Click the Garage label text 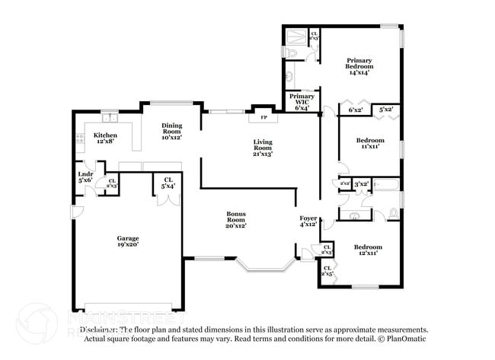point(128,239)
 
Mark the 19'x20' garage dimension point(128,244)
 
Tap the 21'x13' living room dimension point(263,154)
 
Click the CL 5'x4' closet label point(168,183)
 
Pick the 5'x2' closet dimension point(386,110)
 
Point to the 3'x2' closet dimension point(361,183)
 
